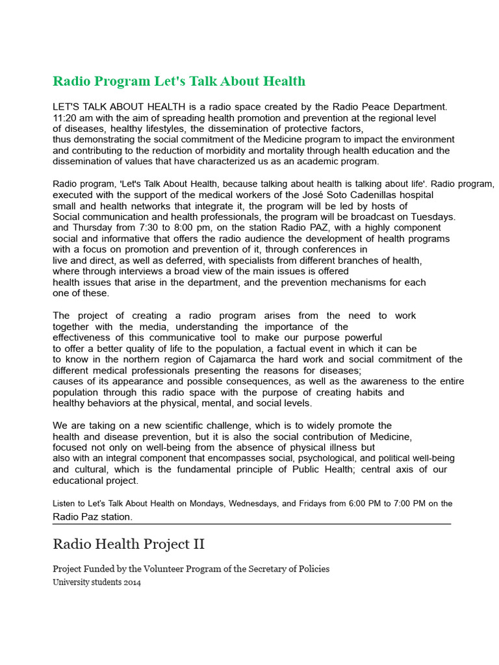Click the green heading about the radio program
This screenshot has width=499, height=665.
pyautogui.click(x=179, y=81)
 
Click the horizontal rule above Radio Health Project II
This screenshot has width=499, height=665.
pyautogui.click(x=251, y=523)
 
